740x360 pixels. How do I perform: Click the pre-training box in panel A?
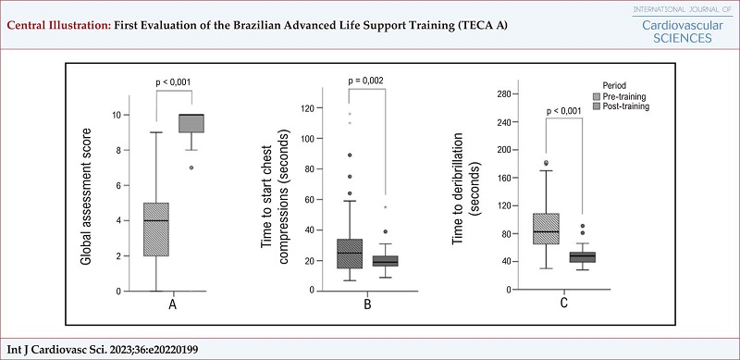(x=156, y=230)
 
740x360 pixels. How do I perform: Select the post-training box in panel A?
(x=191, y=124)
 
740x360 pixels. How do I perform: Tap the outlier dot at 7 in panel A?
(x=191, y=168)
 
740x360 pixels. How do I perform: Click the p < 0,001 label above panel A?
(x=173, y=82)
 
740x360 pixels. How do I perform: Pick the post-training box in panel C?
(x=582, y=257)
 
